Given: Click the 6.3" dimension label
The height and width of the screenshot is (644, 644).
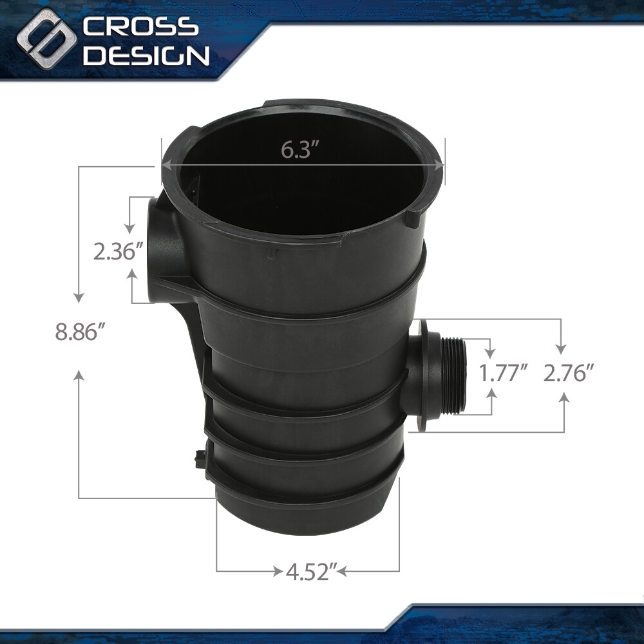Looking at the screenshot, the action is point(300,149).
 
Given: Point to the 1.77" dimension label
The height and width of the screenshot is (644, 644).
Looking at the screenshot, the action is point(504,374).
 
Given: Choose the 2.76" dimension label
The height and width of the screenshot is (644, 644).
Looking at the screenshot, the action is point(569,374).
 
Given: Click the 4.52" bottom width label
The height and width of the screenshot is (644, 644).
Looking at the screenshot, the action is point(311,571).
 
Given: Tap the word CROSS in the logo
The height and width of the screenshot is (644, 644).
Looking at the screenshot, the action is point(140,27).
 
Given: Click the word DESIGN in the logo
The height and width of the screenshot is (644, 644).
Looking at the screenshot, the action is point(146,55).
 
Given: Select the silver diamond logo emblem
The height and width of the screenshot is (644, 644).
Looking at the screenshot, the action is point(46,39).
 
